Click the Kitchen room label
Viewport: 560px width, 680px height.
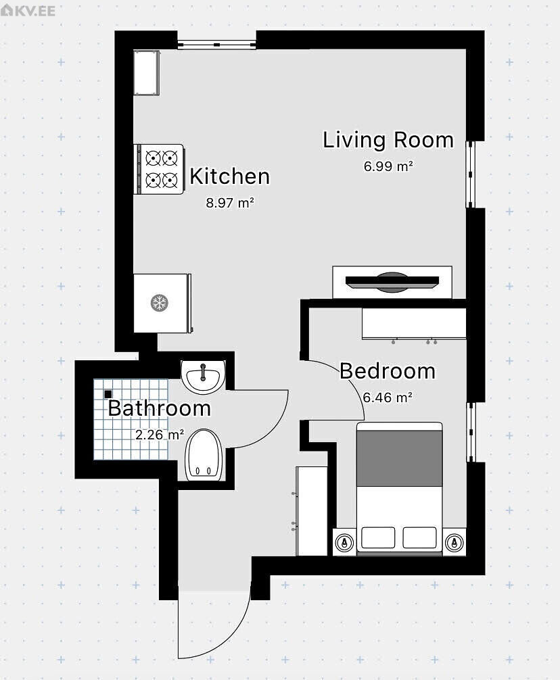click(230, 176)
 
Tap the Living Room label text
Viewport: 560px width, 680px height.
click(388, 140)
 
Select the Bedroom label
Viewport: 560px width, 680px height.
click(388, 371)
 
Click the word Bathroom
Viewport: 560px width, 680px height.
click(159, 408)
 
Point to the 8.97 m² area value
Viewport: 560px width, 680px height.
click(230, 203)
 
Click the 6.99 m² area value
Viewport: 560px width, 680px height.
click(388, 166)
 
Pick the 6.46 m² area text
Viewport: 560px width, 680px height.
click(388, 397)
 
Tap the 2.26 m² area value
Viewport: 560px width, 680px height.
click(160, 435)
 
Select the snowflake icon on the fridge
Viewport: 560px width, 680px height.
click(159, 303)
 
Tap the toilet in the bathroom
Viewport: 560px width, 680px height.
click(204, 456)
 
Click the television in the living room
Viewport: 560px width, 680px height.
click(392, 283)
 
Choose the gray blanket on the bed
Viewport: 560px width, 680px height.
click(400, 458)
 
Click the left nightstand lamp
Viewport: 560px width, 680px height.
click(344, 542)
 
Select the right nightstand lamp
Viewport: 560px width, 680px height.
click(454, 542)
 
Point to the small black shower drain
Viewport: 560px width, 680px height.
click(108, 394)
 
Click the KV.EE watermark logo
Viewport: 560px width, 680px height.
click(28, 9)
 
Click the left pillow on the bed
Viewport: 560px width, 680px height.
click(378, 538)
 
